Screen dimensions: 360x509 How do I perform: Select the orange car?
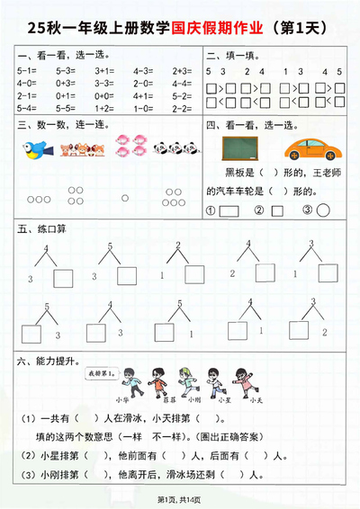(309, 147)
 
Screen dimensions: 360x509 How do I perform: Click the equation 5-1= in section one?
(26, 69)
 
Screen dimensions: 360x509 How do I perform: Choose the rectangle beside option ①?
(229, 211)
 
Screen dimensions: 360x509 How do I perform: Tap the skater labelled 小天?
(239, 380)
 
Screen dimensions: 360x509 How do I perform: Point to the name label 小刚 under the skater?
(184, 398)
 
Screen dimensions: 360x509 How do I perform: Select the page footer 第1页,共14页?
(180, 499)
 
